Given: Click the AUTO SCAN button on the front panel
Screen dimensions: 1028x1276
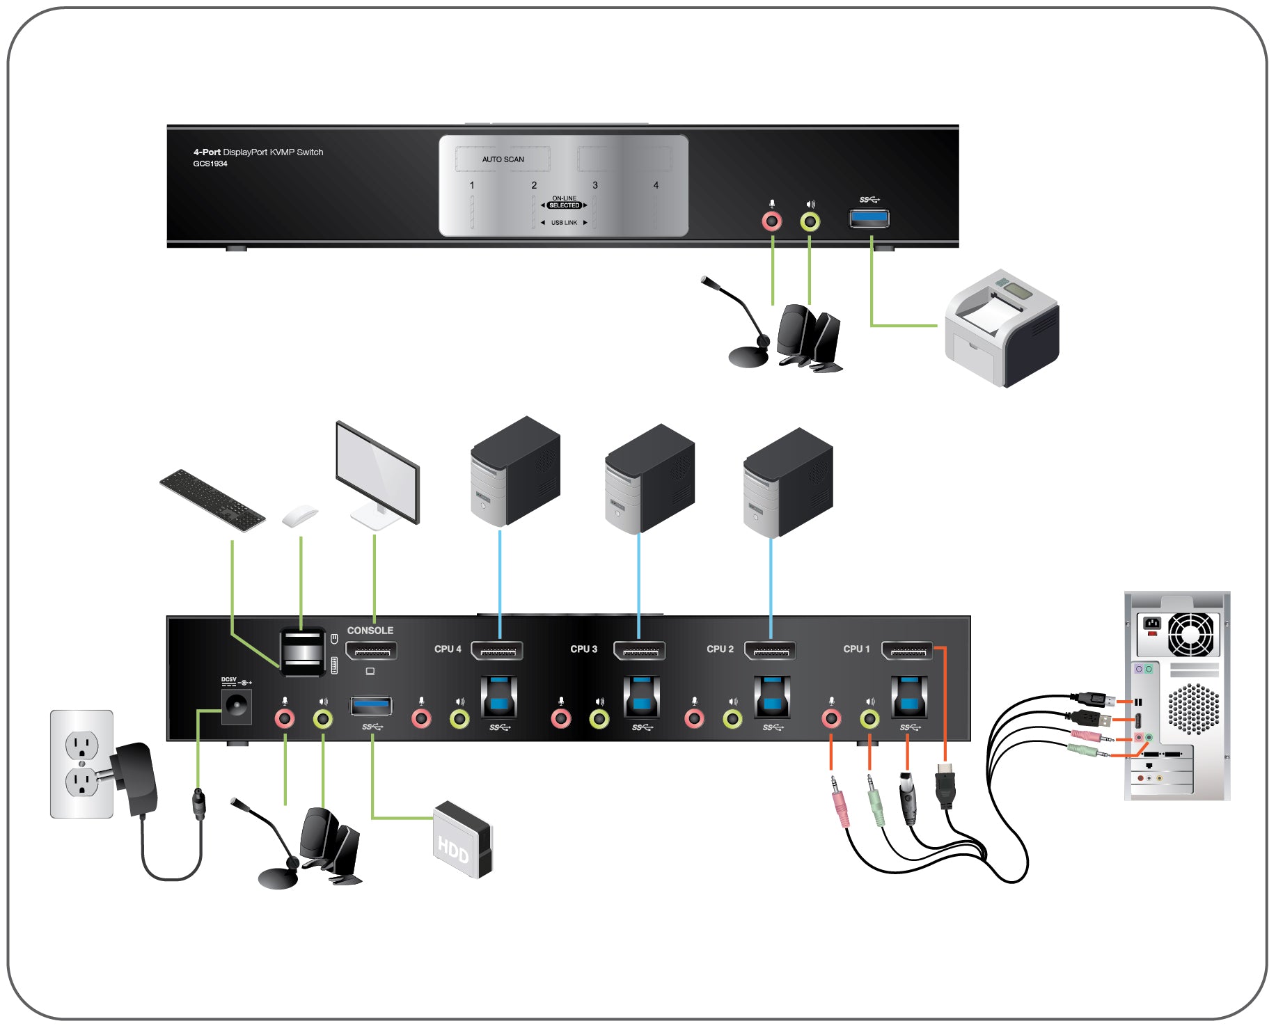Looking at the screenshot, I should point(503,159).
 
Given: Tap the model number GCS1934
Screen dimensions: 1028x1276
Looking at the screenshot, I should point(210,164).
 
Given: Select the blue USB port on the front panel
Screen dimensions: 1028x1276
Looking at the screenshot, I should point(869,219).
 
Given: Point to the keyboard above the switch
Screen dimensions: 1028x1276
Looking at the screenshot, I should point(212,500).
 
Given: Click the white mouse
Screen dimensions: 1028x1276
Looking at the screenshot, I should point(299,516).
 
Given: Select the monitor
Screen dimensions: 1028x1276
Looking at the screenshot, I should point(377,473).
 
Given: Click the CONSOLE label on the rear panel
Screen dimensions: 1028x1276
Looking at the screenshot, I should point(370,631).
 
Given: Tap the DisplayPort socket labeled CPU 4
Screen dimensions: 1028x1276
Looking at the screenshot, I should point(497,651).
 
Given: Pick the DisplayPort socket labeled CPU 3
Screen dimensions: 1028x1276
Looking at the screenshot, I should point(640,651).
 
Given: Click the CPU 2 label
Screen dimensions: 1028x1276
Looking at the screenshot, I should point(720,649).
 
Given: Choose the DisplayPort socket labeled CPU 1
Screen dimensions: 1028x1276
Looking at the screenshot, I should point(907,651).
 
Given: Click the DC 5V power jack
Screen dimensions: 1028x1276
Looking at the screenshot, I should point(236,707).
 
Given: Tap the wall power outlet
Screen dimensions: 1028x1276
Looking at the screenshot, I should point(81,764).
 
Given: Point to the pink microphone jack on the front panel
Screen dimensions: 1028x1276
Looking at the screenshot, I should point(771,221).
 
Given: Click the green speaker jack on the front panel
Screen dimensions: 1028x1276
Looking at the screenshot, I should point(810,221).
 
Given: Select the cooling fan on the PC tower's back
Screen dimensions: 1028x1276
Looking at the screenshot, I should point(1190,634).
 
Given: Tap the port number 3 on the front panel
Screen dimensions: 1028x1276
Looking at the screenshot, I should point(595,185).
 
